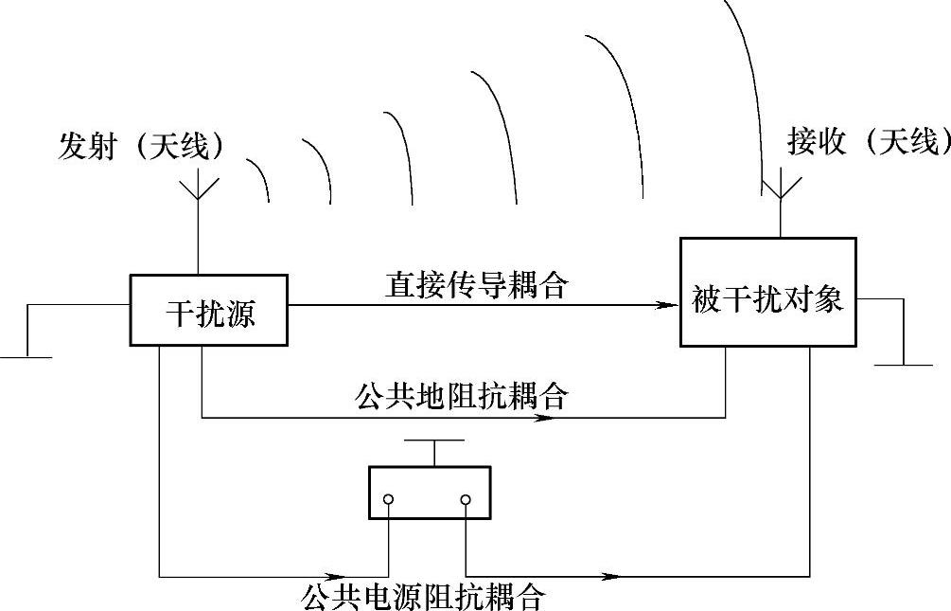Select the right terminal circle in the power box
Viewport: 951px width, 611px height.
coord(466,499)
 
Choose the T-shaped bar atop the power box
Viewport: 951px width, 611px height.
coord(433,441)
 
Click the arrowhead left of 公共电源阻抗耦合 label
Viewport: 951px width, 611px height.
coord(333,575)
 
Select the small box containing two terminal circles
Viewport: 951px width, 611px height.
coord(429,493)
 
